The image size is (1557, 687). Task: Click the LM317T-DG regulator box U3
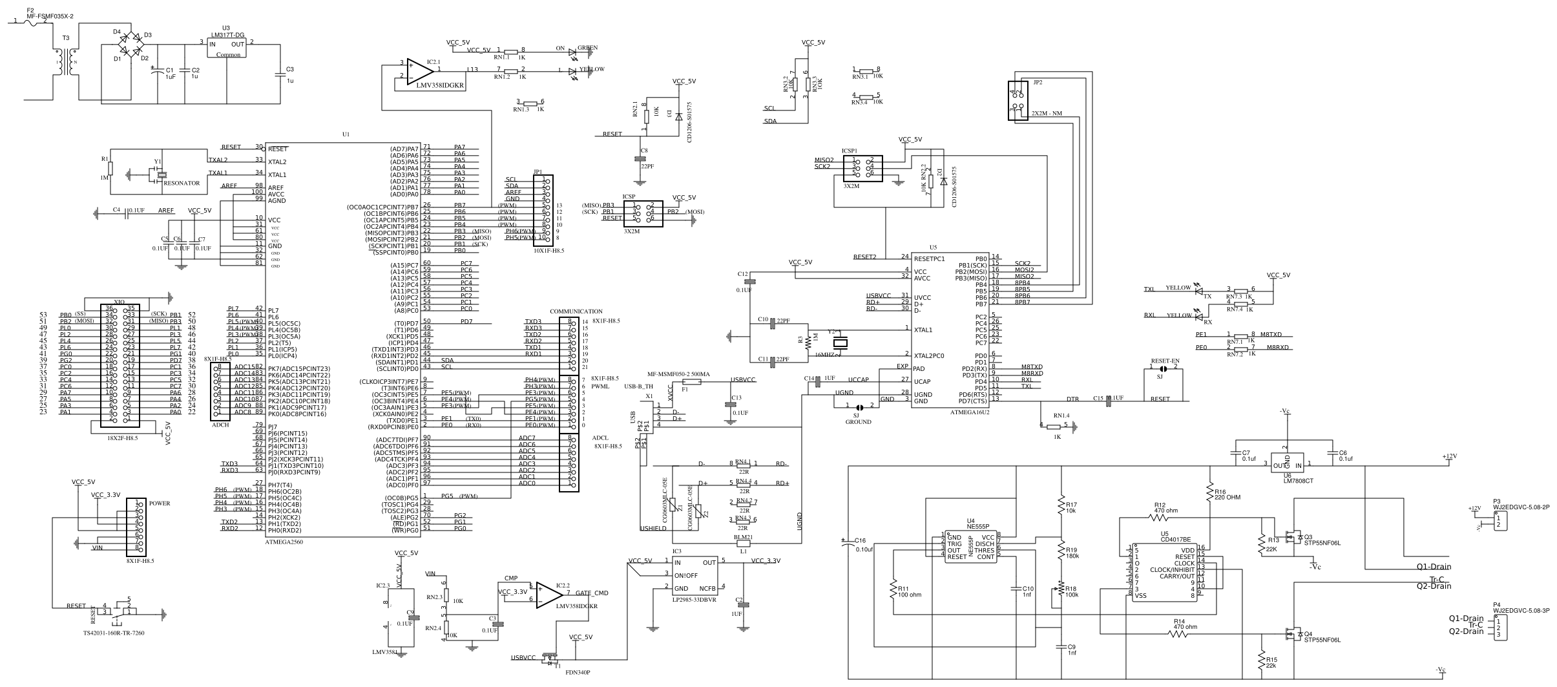[x=227, y=49]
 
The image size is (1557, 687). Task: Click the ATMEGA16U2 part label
[x=970, y=411]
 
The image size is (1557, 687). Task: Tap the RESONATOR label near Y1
[x=182, y=184]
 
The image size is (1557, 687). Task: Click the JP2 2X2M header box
[x=1018, y=100]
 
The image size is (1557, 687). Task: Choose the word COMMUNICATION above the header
[x=576, y=312]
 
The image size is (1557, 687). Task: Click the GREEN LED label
[x=587, y=48]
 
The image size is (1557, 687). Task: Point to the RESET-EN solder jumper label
[x=1165, y=360]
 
